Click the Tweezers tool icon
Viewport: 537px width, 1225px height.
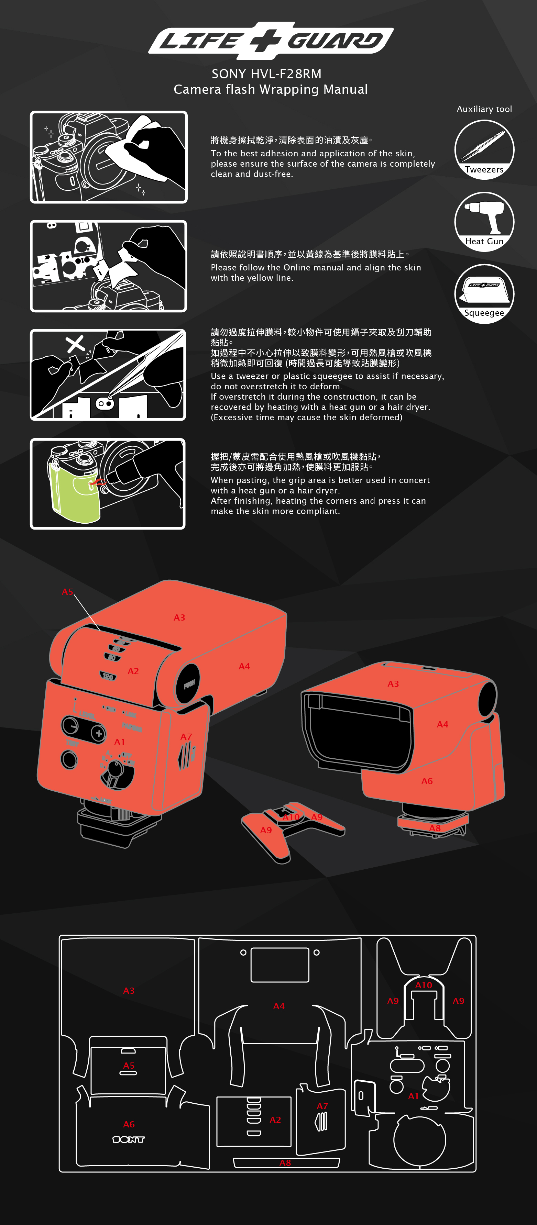pyautogui.click(x=484, y=147)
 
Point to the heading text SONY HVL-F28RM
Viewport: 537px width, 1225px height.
pyautogui.click(x=266, y=74)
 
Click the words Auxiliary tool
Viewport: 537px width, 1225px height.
pyautogui.click(x=484, y=109)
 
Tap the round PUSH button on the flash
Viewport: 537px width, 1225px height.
pyautogui.click(x=188, y=684)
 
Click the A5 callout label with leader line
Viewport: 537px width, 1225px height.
pyautogui.click(x=67, y=592)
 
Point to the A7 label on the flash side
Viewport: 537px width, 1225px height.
pyautogui.click(x=186, y=737)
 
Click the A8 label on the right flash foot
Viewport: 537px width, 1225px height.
pyautogui.click(x=435, y=828)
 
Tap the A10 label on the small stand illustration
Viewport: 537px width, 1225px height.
pyautogui.click(x=291, y=817)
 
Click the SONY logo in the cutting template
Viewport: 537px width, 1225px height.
pyautogui.click(x=129, y=1139)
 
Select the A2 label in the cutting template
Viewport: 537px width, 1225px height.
pyautogui.click(x=275, y=1120)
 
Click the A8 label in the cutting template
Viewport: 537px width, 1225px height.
pyautogui.click(x=285, y=1163)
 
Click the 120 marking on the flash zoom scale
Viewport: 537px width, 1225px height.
pyautogui.click(x=108, y=676)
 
